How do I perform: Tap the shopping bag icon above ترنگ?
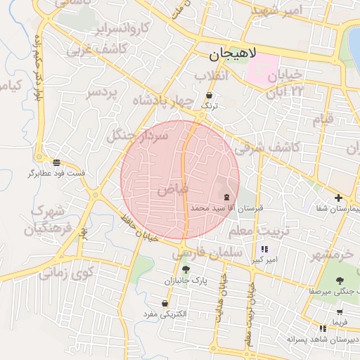(x=209, y=96)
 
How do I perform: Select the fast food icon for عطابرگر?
(x=56, y=162)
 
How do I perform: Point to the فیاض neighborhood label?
(x=172, y=188)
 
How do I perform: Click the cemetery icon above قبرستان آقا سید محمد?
(x=226, y=198)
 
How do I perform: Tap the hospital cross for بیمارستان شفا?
(x=339, y=198)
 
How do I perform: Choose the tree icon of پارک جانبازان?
(x=186, y=270)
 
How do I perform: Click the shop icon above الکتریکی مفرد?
(x=165, y=304)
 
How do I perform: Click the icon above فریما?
(x=340, y=311)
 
